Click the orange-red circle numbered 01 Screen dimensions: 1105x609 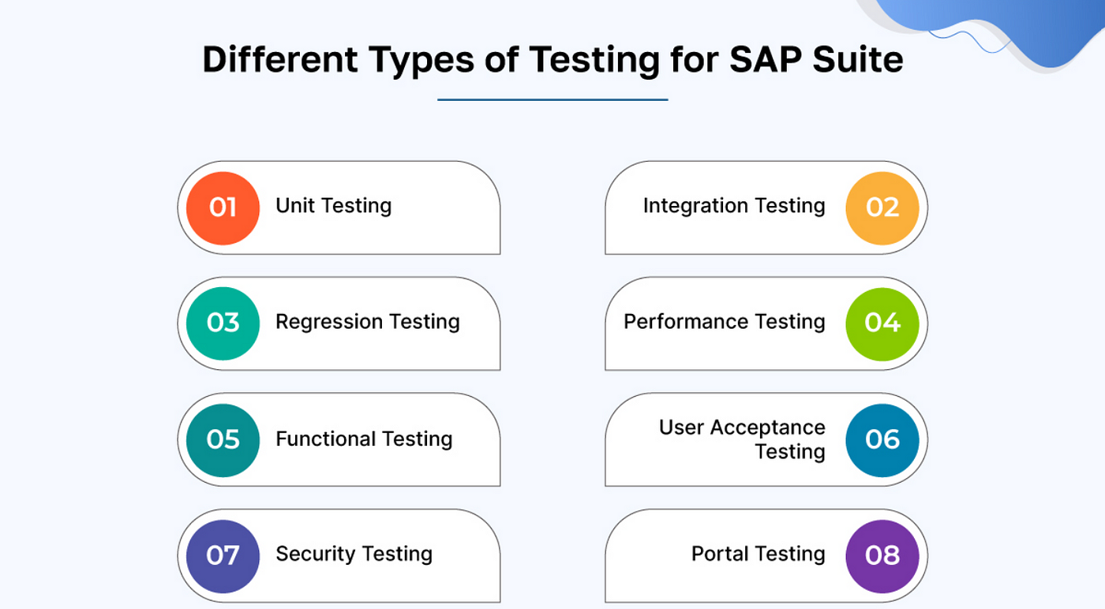click(223, 208)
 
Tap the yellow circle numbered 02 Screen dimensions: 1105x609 click(882, 208)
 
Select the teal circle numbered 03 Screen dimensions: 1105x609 click(223, 323)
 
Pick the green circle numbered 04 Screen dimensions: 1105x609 click(882, 324)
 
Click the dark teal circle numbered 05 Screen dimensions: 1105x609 click(223, 440)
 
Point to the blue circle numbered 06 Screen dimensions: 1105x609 click(882, 440)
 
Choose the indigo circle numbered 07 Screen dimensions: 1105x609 click(223, 556)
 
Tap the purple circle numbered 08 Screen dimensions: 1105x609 click(882, 556)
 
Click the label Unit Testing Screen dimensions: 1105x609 click(333, 206)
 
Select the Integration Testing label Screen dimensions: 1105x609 click(734, 206)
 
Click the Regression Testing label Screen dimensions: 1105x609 click(368, 322)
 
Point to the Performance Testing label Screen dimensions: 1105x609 click(725, 322)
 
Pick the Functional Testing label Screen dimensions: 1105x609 click(364, 439)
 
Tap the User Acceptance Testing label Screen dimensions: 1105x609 click(742, 439)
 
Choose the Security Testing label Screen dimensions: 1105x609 click(354, 555)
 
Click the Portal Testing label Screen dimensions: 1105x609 click(759, 555)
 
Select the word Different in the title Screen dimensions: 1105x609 click(280, 60)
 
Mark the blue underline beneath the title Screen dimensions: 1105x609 click(552, 99)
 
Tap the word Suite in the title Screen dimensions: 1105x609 click(858, 60)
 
